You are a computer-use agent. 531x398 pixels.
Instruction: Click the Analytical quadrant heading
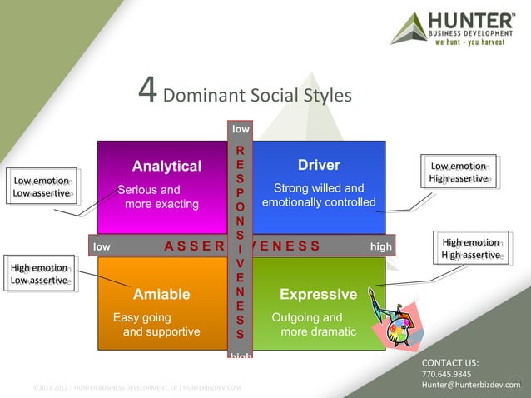pos(166,165)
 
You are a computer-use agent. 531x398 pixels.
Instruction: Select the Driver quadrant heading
pos(319,165)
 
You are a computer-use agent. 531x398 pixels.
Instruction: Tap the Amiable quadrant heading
pos(161,294)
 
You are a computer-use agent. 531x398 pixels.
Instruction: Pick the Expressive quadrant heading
pos(318,294)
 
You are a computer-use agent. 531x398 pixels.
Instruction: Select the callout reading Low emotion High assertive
pos(459,172)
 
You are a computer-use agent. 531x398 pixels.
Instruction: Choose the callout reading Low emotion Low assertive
pos(41,187)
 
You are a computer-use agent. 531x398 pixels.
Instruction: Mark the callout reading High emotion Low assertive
pos(38,274)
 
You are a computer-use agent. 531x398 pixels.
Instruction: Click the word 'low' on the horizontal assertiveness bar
pos(102,246)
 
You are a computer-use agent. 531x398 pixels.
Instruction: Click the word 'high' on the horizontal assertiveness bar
pos(380,246)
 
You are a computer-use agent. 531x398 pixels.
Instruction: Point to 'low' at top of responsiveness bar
pos(241,129)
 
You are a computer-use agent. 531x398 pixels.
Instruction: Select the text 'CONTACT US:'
pos(449,362)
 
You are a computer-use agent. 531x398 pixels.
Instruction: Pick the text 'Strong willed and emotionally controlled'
pos(319,195)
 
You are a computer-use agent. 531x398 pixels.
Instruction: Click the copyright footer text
pos(137,387)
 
